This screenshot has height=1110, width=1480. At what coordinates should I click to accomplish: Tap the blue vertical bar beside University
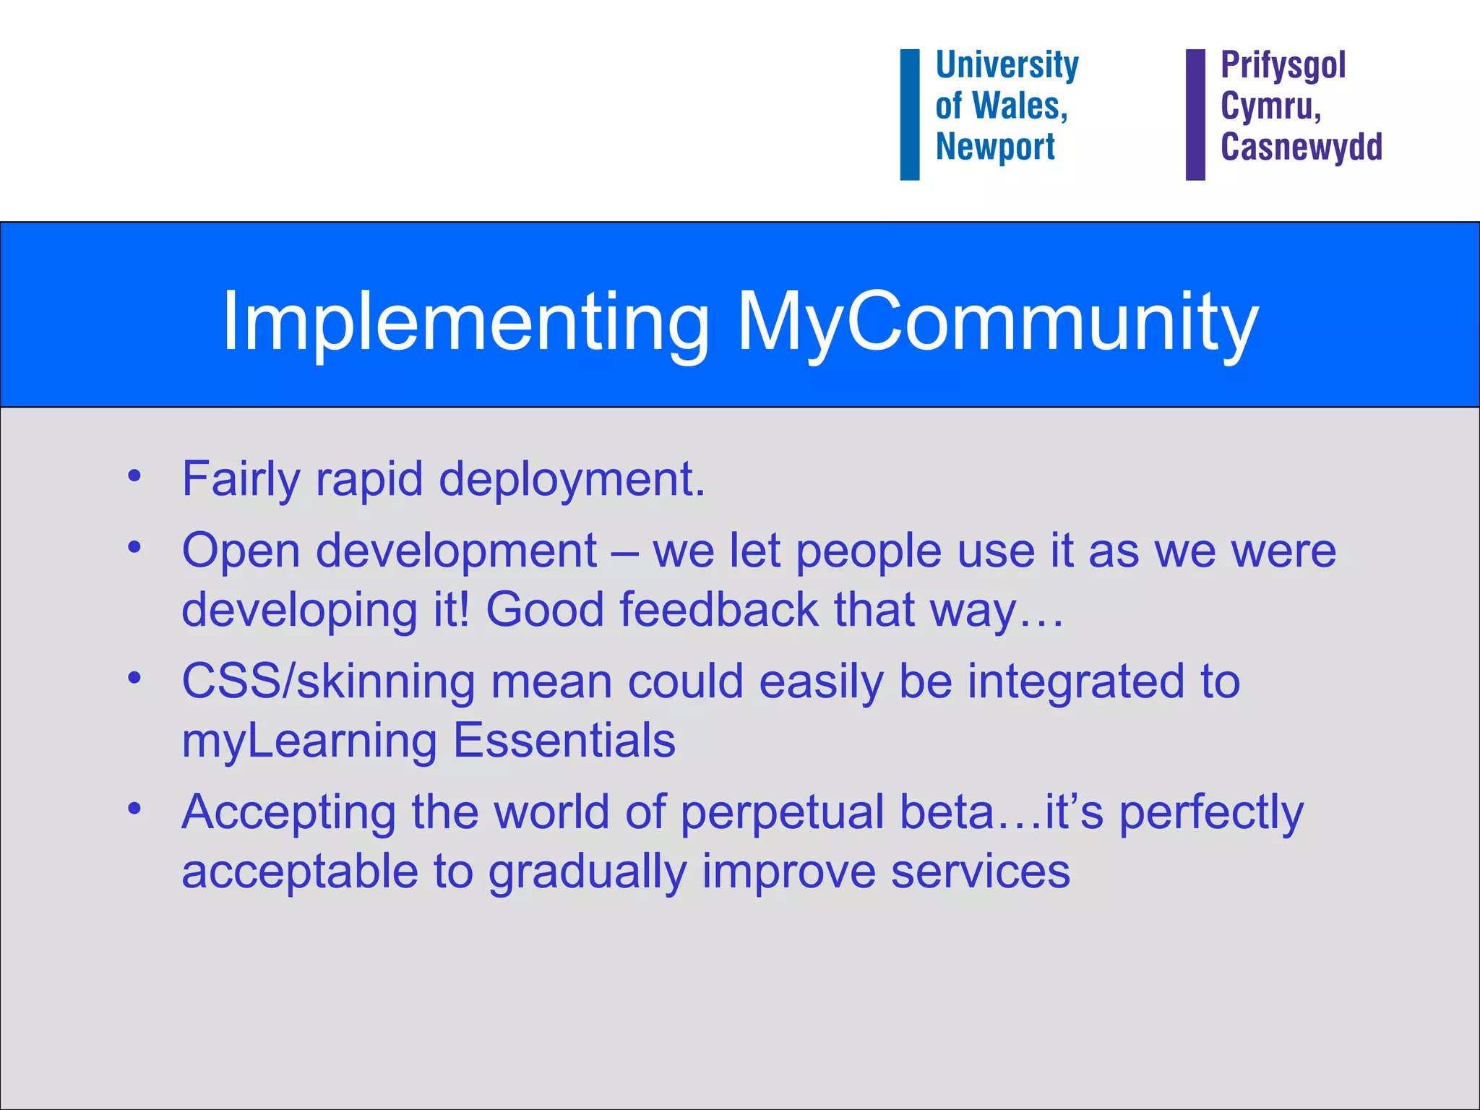(x=909, y=114)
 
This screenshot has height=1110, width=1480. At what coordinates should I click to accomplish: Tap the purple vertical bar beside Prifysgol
(x=1195, y=114)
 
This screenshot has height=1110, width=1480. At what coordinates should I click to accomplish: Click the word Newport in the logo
(x=995, y=147)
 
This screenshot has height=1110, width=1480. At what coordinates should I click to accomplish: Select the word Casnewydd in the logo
(x=1301, y=147)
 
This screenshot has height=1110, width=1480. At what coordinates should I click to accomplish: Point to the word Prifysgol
(x=1283, y=65)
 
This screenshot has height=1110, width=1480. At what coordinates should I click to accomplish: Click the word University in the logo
(x=1007, y=65)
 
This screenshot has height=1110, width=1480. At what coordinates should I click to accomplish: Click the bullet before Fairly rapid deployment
(x=134, y=476)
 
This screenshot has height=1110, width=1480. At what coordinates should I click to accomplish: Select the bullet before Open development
(x=134, y=548)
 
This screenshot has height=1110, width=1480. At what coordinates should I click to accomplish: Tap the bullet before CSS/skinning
(x=134, y=679)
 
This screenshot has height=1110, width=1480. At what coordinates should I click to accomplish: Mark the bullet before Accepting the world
(x=134, y=809)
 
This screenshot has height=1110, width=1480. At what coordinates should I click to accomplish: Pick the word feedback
(x=718, y=609)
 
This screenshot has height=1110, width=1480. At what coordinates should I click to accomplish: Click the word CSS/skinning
(x=328, y=681)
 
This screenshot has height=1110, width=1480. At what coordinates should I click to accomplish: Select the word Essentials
(x=564, y=740)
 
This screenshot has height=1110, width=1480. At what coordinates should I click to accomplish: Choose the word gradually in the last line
(x=587, y=872)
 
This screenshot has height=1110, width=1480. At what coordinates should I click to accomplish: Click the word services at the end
(x=980, y=872)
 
